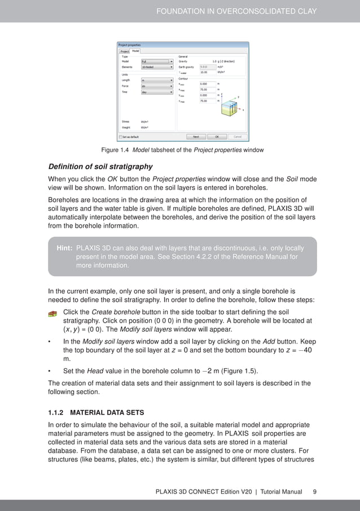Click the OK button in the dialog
pos(217,136)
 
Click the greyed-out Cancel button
pos(238,136)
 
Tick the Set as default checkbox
pos(120,136)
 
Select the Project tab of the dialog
pos(124,51)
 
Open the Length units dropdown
pos(157,80)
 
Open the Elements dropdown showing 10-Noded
pos(157,67)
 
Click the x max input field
pos(208,90)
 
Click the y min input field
pos(208,95)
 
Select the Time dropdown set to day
pos(157,92)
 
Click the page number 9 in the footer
pos(314,492)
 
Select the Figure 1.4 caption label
pos(115,149)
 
